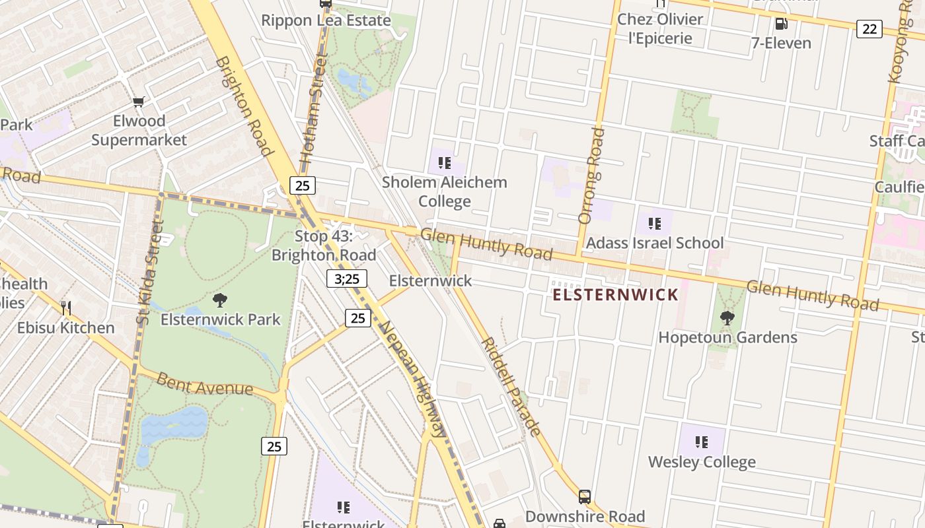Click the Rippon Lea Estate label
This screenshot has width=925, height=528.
326,20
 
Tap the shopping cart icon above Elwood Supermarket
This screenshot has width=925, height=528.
138,102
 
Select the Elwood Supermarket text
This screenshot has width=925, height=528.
139,131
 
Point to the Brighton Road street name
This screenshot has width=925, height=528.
244,106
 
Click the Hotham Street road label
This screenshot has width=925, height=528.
314,109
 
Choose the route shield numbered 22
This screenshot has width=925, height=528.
869,28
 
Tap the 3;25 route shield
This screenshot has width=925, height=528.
346,279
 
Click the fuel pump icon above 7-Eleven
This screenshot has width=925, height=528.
781,24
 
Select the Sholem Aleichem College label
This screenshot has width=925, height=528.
445,191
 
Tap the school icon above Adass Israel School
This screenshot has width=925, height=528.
655,223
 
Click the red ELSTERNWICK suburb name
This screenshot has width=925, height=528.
615,294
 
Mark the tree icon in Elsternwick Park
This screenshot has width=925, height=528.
220,300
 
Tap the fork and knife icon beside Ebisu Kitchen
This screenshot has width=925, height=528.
66,308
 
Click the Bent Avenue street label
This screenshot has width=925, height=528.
205,384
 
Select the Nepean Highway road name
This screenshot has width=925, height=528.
414,379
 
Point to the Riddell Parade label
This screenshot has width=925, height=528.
511,386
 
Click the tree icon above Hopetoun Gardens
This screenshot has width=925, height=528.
727,318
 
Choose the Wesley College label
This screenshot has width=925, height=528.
702,462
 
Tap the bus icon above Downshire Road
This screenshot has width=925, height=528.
584,496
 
